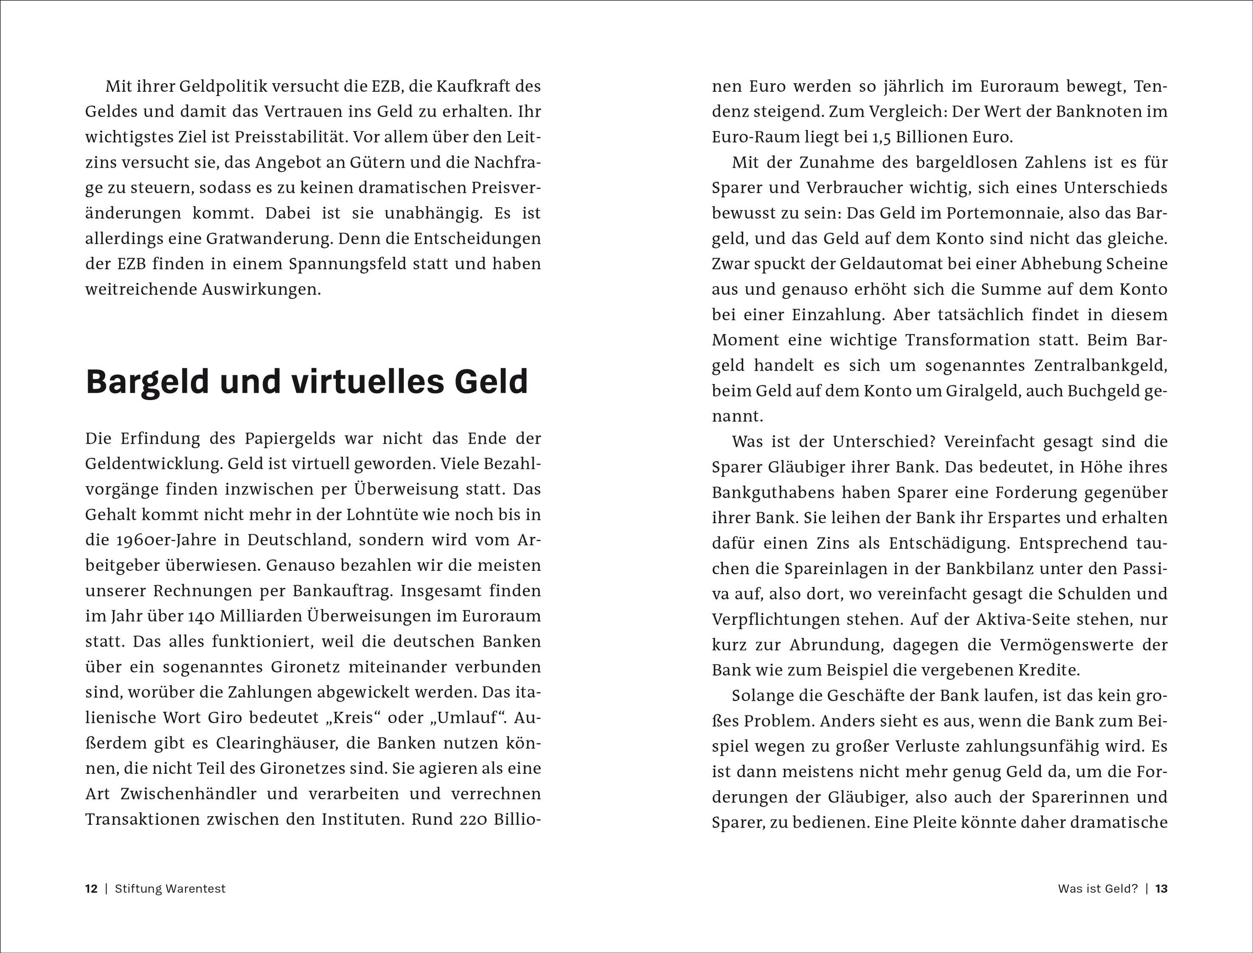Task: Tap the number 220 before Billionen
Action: tap(463, 819)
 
